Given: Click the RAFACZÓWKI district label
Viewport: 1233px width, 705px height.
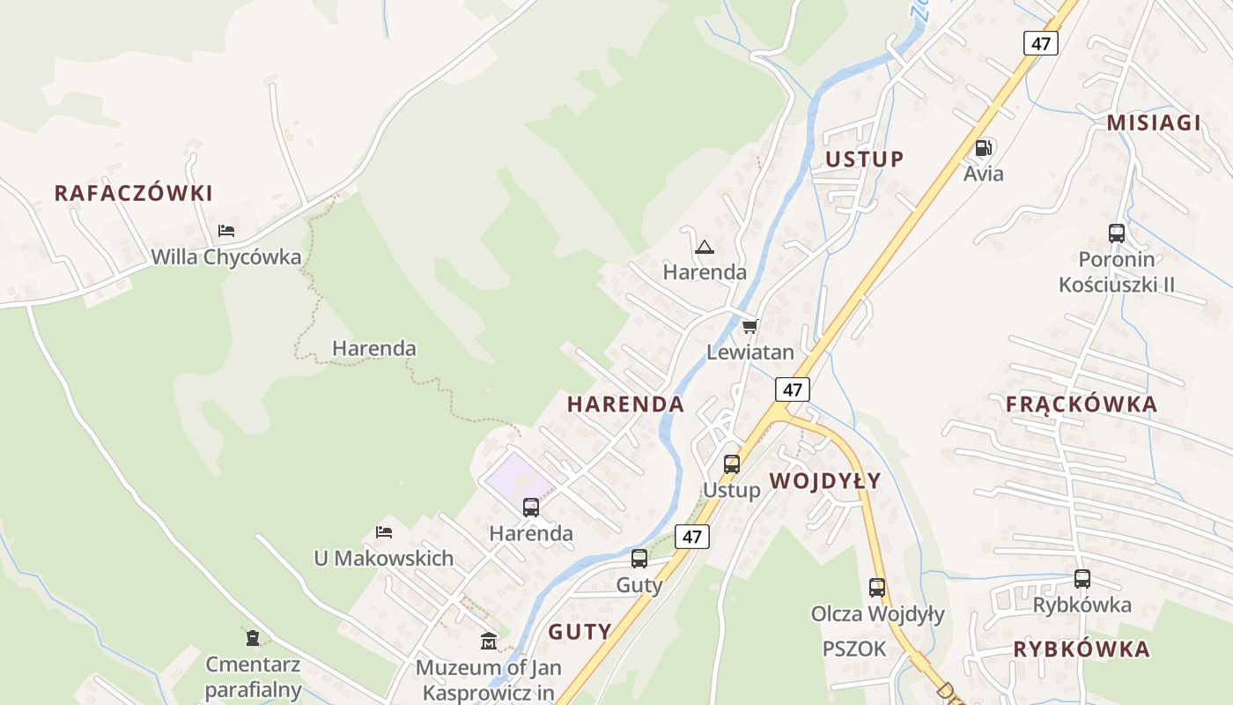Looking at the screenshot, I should coord(134,193).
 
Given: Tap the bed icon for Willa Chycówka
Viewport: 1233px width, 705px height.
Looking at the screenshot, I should coord(226,231).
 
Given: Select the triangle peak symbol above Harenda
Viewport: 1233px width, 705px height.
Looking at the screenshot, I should coord(704,246).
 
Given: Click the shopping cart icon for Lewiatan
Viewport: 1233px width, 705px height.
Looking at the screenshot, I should coord(749,327).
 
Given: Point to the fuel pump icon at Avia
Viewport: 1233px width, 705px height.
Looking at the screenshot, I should coord(984,147).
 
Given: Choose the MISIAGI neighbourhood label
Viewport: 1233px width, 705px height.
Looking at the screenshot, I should coord(1154,122).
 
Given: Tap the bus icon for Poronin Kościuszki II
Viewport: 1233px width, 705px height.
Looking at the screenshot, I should coord(1117,234).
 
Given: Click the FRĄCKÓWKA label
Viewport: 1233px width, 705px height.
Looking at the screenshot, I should coord(1082,404).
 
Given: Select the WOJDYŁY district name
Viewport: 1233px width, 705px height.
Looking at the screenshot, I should coord(825,480).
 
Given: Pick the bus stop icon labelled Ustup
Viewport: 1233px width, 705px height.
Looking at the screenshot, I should coord(732,464).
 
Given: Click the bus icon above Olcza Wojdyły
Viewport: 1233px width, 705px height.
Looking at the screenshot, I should coord(877,588).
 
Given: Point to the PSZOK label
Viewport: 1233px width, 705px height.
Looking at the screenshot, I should coord(854,649).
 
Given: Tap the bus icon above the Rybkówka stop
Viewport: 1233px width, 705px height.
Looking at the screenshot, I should coord(1082,579).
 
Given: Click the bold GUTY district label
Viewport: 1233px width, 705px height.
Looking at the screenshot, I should coord(580,631).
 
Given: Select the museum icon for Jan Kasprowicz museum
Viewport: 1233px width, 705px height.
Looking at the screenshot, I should coord(488,641).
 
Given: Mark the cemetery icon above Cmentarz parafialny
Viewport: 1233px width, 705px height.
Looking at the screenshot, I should coord(253,637).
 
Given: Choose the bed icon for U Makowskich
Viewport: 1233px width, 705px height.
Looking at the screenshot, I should coord(384,532).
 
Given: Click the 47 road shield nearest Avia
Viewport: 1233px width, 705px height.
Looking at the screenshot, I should coord(1040,43).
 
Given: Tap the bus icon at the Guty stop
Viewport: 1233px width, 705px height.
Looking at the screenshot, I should coord(639,559).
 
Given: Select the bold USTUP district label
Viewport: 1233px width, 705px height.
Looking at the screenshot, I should coord(864,159).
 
